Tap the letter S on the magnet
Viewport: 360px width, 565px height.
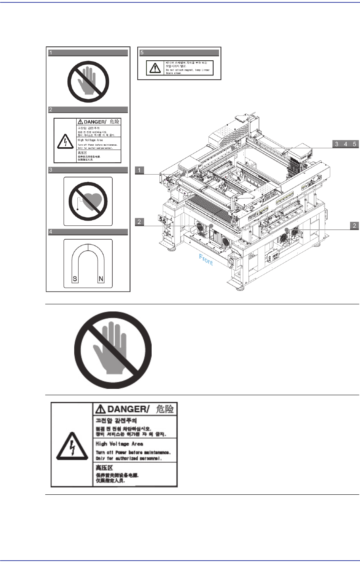click(x=75, y=279)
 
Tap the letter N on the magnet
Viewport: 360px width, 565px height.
click(x=101, y=279)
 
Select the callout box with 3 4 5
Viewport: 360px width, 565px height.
click(x=345, y=144)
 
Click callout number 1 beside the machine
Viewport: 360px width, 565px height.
click(x=139, y=170)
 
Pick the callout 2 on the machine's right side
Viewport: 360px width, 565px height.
click(x=354, y=226)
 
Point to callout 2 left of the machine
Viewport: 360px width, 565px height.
click(x=139, y=222)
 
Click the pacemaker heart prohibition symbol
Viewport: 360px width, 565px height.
click(x=88, y=201)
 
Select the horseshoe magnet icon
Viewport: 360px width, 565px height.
click(x=88, y=263)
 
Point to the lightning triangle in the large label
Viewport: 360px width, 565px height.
click(x=71, y=445)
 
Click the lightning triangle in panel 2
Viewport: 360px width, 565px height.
click(x=65, y=141)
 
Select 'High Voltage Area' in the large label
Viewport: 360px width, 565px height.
click(x=119, y=444)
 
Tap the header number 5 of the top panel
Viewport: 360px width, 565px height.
click(x=142, y=53)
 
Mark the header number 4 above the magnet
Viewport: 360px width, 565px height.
click(x=51, y=232)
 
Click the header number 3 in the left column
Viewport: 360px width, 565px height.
click(x=51, y=170)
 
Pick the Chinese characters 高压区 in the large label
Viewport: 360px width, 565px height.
click(x=104, y=468)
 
